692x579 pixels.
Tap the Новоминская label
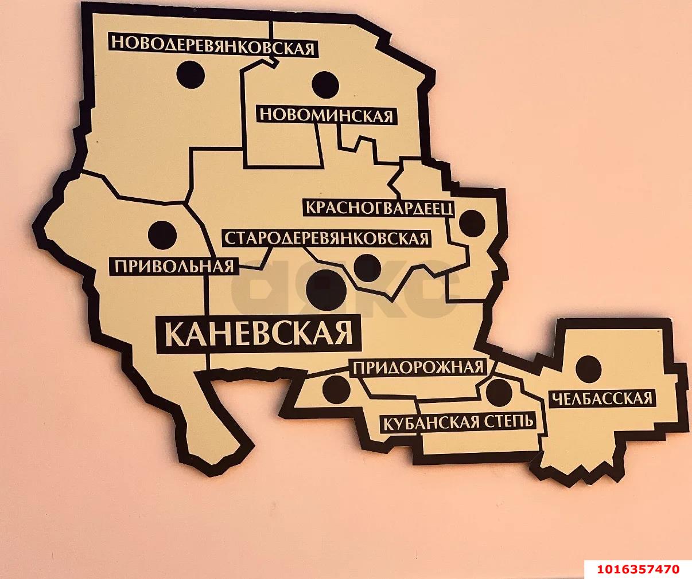click(x=326, y=115)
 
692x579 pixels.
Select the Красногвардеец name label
click(x=379, y=207)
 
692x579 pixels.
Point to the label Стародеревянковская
click(x=326, y=238)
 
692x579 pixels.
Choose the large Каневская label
click(x=259, y=333)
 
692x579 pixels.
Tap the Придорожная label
click(x=418, y=367)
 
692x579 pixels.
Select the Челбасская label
click(x=601, y=398)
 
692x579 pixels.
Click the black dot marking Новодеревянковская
click(x=191, y=75)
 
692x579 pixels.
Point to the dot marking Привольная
click(x=162, y=234)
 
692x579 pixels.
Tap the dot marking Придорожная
click(x=337, y=390)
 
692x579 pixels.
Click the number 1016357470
click(x=637, y=569)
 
